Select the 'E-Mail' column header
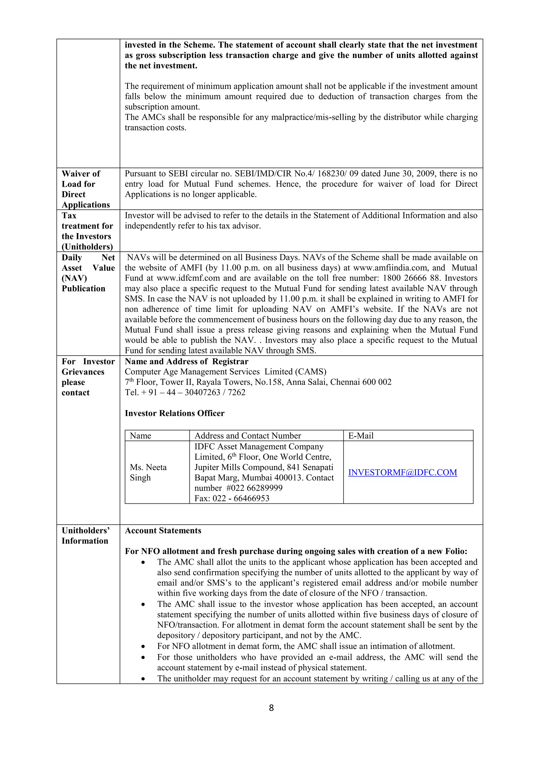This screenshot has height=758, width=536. tap(361, 436)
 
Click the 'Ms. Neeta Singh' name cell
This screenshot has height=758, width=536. tap(148, 472)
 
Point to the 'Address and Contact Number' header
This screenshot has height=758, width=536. tap(248, 436)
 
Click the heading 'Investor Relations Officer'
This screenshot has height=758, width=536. tap(174, 413)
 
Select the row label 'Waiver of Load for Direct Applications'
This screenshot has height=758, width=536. tap(86, 189)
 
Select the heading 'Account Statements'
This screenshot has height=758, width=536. tap(163, 530)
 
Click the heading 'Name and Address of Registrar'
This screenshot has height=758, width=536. tap(187, 362)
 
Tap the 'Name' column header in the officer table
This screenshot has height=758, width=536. tap(140, 436)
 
